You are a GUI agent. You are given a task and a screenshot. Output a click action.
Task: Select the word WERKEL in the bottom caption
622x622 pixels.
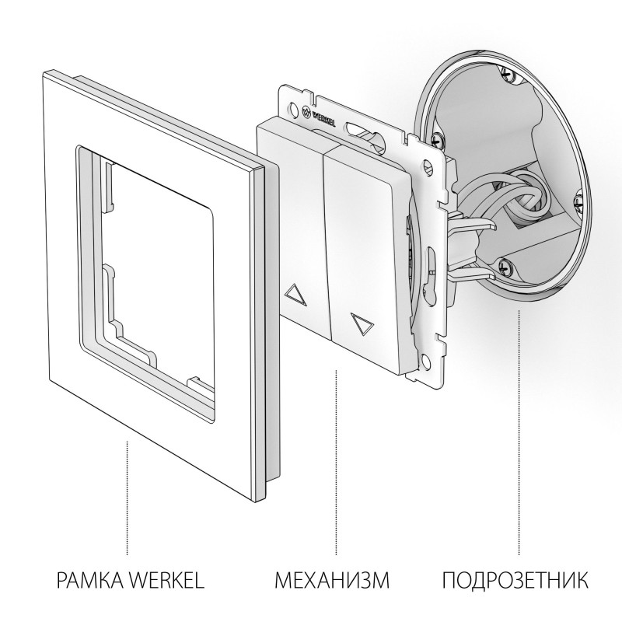[167, 579]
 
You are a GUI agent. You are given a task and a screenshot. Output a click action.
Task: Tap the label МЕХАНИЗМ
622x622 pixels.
[331, 579]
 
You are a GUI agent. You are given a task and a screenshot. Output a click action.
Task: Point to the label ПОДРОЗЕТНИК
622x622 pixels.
[514, 579]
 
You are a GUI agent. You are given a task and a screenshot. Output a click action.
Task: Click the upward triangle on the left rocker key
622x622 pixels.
[297, 294]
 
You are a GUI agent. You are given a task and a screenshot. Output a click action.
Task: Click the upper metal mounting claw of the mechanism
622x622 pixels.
[474, 221]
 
